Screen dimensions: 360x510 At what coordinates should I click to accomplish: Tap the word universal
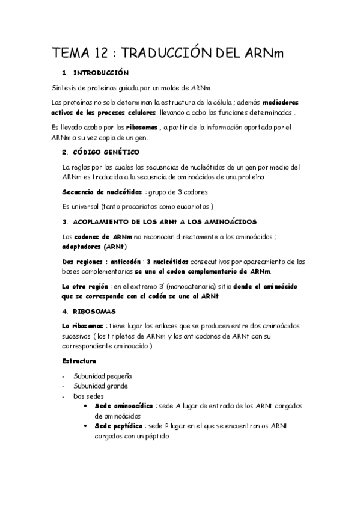point(87,206)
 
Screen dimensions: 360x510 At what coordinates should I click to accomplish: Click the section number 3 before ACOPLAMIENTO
point(64,221)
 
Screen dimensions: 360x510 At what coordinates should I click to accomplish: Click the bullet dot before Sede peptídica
point(89,426)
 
